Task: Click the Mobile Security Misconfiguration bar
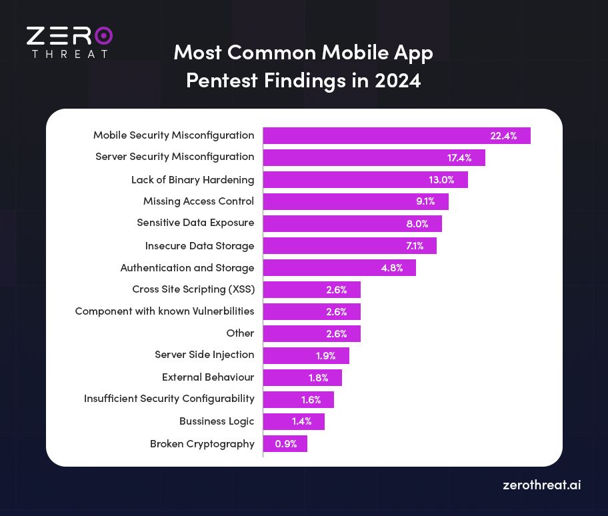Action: pyautogui.click(x=397, y=135)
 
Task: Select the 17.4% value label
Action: pyautogui.click(x=459, y=158)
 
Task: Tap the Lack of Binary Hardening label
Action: pyautogui.click(x=193, y=179)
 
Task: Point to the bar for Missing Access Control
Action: pyautogui.click(x=355, y=201)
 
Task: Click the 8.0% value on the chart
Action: pyautogui.click(x=417, y=223)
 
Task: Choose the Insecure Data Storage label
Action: pyautogui.click(x=199, y=246)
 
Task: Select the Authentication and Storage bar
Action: pyautogui.click(x=339, y=267)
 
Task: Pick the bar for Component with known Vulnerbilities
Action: pyautogui.click(x=311, y=311)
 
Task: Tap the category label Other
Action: pyautogui.click(x=240, y=333)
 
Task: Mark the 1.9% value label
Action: pyautogui.click(x=326, y=355)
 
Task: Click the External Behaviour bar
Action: pyautogui.click(x=302, y=377)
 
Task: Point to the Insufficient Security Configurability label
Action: pyautogui.click(x=169, y=399)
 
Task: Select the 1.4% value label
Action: pyautogui.click(x=302, y=421)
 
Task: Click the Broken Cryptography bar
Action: pyautogui.click(x=285, y=443)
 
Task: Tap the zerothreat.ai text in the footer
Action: pyautogui.click(x=541, y=485)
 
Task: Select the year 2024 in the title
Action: pyautogui.click(x=397, y=80)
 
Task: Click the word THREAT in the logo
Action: pyautogui.click(x=69, y=53)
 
